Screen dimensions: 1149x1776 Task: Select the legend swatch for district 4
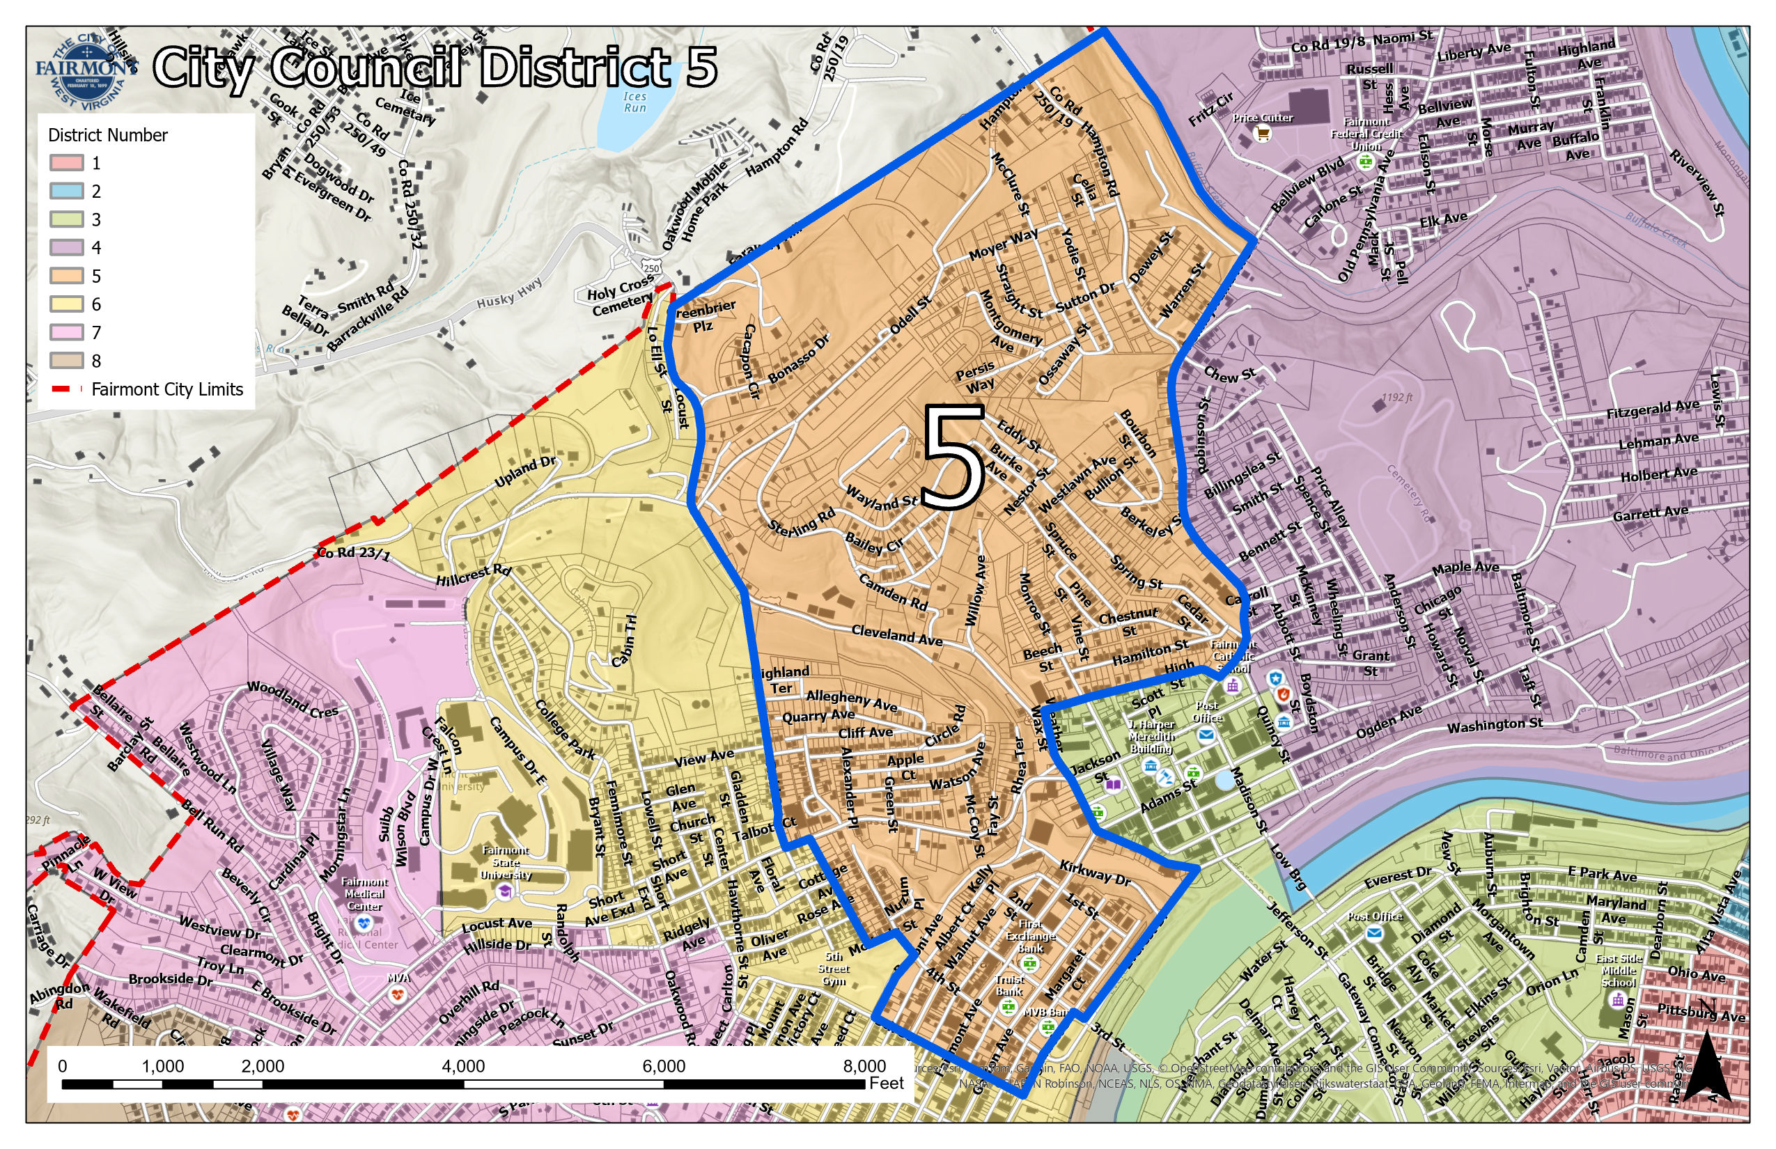pos(66,248)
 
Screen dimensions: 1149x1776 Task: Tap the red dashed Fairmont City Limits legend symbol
pos(66,389)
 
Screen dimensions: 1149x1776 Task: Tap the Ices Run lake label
pos(634,102)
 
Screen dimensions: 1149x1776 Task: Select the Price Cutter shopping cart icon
pos(1263,134)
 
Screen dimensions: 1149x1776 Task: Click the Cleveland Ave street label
pos(897,635)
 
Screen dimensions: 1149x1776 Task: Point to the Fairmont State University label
pos(505,863)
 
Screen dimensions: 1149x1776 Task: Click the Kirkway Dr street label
pos(1095,873)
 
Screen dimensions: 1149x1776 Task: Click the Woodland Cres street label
pos(292,699)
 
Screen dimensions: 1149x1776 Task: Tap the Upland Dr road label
pos(525,472)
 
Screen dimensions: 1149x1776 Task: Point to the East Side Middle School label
pos(1619,970)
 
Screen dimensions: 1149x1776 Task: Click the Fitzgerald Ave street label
pos(1652,409)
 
